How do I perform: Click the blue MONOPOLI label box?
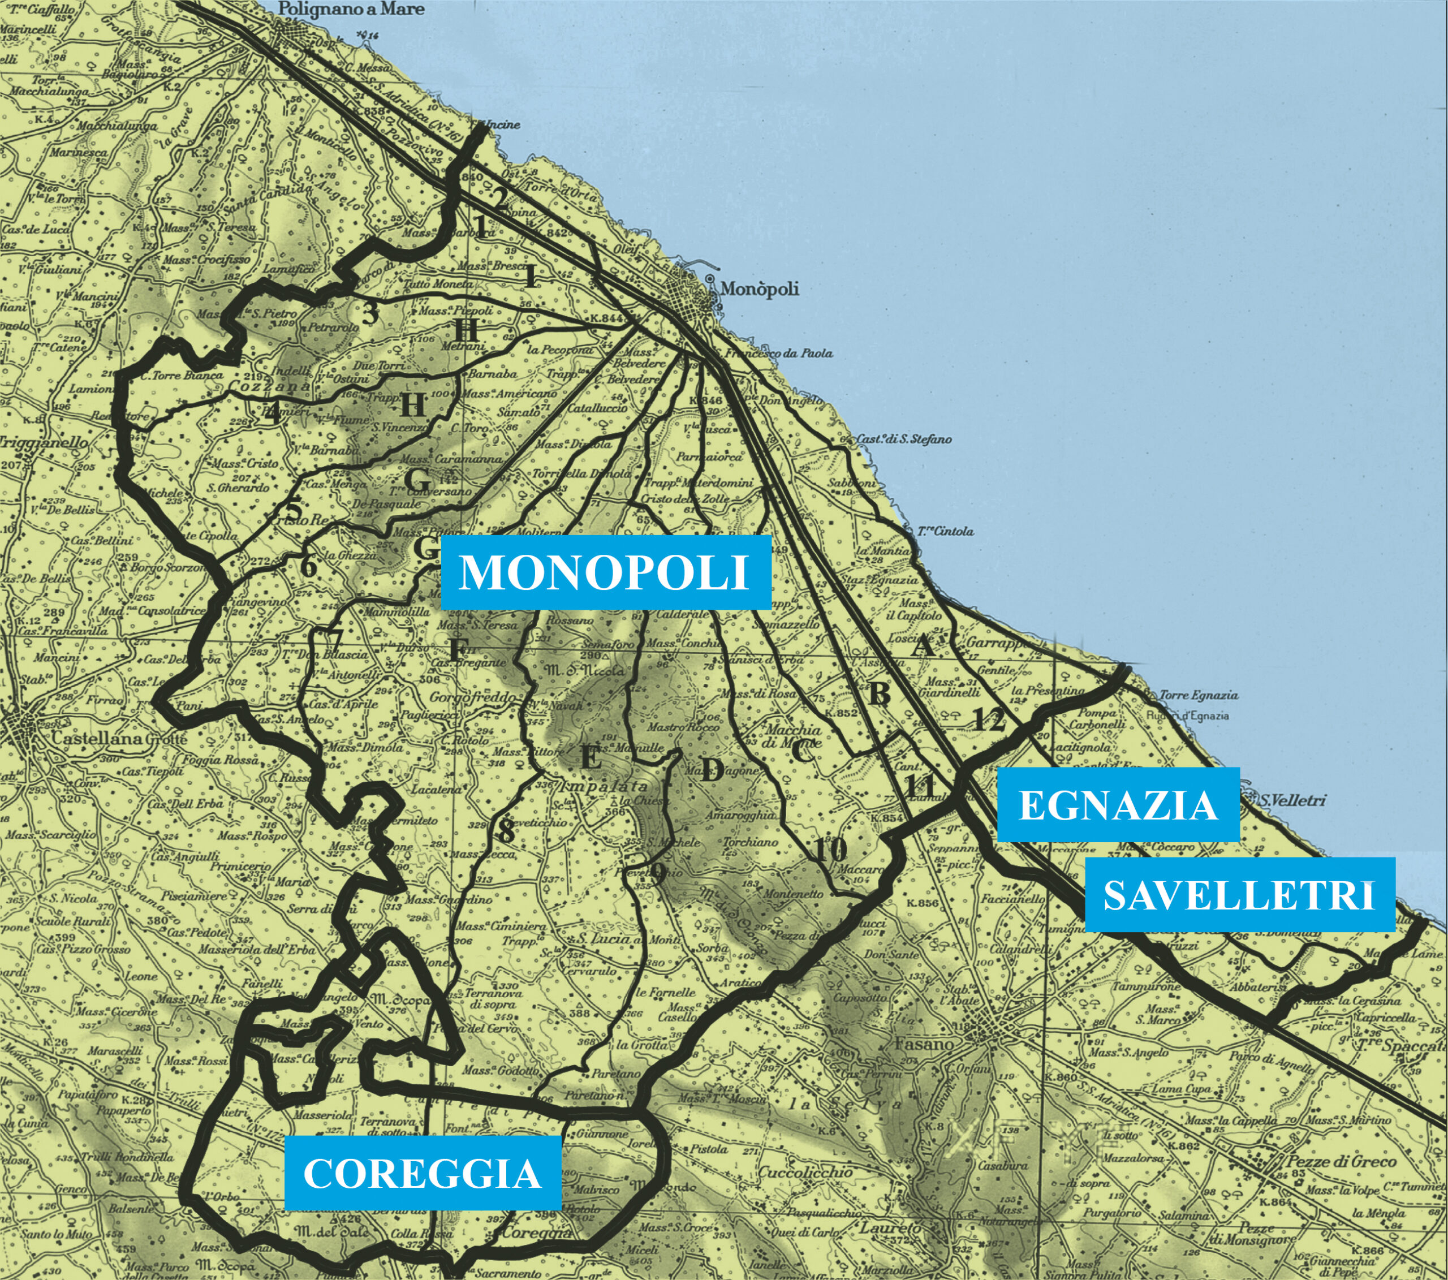point(605,572)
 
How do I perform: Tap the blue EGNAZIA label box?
point(1118,805)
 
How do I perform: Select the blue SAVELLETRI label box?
point(1240,895)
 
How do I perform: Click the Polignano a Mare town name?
point(351,9)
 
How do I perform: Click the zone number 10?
point(831,848)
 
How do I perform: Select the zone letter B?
point(879,694)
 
